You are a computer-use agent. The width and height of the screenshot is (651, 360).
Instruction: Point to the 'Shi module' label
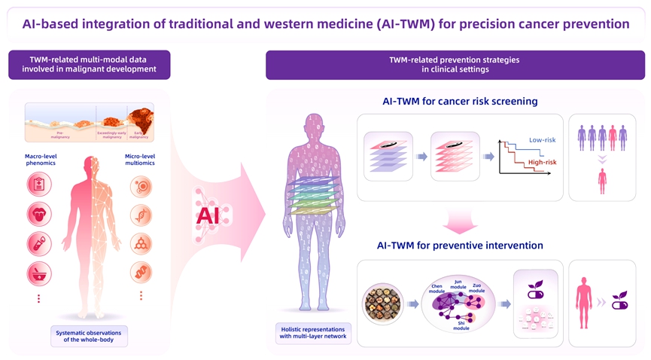point(461,325)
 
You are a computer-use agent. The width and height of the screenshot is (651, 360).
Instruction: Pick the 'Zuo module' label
point(477,288)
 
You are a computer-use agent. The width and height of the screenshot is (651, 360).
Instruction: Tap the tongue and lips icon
point(39,214)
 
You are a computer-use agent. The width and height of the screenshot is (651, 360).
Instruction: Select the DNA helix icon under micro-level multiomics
point(141,215)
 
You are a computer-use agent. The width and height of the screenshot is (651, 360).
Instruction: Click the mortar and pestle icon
point(39,273)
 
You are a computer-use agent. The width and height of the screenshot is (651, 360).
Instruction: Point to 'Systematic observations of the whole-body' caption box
point(89,335)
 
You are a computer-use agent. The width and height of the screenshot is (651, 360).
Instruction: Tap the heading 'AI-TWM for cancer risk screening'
point(459,101)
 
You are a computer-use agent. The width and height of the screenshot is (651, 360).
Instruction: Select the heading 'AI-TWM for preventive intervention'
point(459,245)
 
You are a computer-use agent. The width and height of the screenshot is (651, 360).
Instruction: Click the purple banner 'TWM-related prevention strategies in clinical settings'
point(455,65)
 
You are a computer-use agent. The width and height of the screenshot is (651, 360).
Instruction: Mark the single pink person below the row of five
point(602,181)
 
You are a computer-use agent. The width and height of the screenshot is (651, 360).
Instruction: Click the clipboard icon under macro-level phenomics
point(39,185)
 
